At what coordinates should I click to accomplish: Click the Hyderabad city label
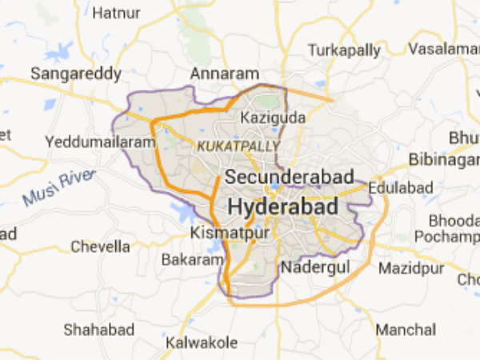(x=282, y=206)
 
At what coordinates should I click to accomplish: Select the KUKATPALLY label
(x=238, y=146)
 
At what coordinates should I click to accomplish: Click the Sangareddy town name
(x=76, y=74)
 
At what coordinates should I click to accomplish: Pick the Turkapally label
(x=344, y=50)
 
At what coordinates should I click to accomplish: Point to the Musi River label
(x=59, y=186)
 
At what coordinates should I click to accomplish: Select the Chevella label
(x=100, y=246)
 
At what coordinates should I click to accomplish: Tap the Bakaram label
(x=192, y=260)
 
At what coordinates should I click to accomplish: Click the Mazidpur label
(x=410, y=266)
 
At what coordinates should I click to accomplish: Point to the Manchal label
(x=406, y=329)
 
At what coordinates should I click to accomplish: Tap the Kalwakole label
(x=202, y=342)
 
